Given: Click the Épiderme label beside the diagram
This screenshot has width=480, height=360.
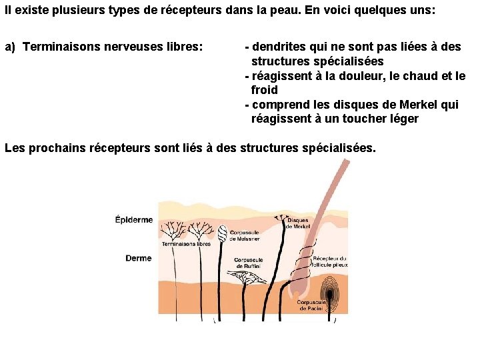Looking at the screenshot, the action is (x=133, y=220).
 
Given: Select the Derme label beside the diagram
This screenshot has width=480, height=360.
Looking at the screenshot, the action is (x=138, y=258).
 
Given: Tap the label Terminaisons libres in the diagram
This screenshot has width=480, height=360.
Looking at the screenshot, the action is (x=186, y=244).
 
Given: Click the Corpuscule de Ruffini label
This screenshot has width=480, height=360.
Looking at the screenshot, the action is (x=248, y=263).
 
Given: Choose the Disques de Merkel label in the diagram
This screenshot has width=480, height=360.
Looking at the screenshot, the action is (x=298, y=223).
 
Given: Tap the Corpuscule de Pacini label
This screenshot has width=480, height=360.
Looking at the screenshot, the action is (x=310, y=305).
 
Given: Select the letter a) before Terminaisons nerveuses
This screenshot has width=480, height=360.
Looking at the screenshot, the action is (x=10, y=47).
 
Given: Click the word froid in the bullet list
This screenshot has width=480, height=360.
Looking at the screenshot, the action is (x=264, y=90).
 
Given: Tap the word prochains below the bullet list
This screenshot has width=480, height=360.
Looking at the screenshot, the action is (x=55, y=147).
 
